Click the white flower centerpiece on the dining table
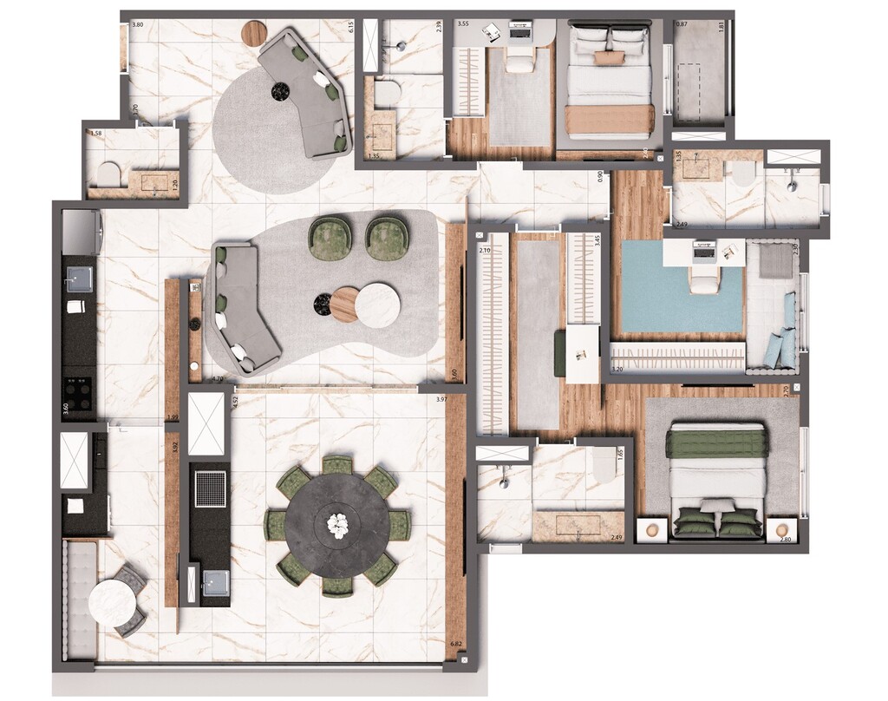pos(336,522)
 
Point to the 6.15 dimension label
pos(351,27)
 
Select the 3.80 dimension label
pos(137,25)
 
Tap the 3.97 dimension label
pos(441,400)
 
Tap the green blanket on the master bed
pos(716,443)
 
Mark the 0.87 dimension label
pos(682,25)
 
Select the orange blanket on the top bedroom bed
pos(609,119)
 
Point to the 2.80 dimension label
pos(786,540)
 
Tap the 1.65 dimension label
pos(620,455)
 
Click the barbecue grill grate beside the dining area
pos(209,488)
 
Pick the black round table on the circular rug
pos(281,88)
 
